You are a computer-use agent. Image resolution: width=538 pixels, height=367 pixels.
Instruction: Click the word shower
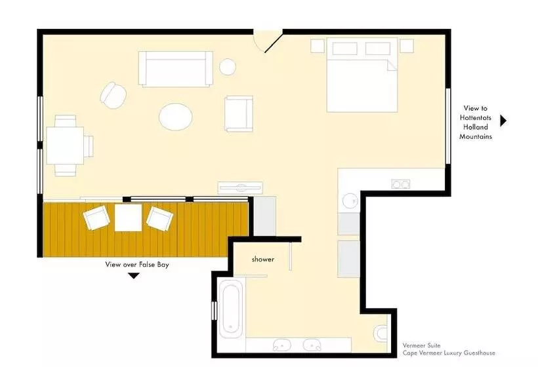(263, 260)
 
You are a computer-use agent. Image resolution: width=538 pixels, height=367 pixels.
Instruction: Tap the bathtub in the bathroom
(230, 307)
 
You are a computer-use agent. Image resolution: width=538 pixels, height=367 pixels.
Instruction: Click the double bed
(362, 75)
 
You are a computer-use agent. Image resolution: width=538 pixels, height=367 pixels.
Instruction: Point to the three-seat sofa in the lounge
(176, 69)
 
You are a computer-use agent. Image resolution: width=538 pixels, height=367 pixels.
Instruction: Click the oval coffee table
(175, 117)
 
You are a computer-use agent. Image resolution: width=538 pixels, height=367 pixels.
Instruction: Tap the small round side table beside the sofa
(228, 66)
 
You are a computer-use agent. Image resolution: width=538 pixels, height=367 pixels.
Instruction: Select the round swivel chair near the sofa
(113, 95)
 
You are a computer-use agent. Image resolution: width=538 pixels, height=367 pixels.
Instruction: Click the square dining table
(65, 145)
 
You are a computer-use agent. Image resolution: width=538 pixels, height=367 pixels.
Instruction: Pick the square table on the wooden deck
(128, 218)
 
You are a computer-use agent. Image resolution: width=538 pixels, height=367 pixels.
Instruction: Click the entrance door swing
(268, 41)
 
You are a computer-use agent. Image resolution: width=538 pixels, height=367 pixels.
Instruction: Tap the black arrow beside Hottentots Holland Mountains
(503, 121)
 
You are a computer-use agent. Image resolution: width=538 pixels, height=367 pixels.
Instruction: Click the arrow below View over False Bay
(133, 275)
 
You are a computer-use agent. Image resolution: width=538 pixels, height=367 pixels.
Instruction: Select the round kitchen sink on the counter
(350, 201)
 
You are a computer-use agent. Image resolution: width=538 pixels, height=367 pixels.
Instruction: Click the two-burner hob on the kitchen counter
(401, 184)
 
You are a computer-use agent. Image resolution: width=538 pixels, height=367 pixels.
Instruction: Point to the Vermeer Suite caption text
(421, 345)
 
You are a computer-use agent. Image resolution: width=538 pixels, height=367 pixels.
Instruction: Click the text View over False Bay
(137, 265)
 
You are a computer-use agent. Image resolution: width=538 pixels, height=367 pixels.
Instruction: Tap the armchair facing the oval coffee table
(239, 114)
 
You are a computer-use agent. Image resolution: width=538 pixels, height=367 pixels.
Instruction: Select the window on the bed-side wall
(447, 126)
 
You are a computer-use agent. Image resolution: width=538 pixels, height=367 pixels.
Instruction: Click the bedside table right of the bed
(407, 46)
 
